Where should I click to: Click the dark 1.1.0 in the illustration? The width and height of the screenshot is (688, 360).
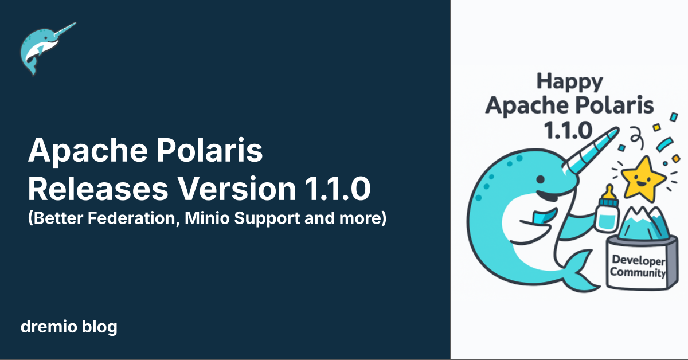[568, 130]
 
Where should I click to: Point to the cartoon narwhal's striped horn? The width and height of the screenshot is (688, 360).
[591, 149]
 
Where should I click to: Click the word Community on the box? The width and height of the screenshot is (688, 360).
[638, 272]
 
